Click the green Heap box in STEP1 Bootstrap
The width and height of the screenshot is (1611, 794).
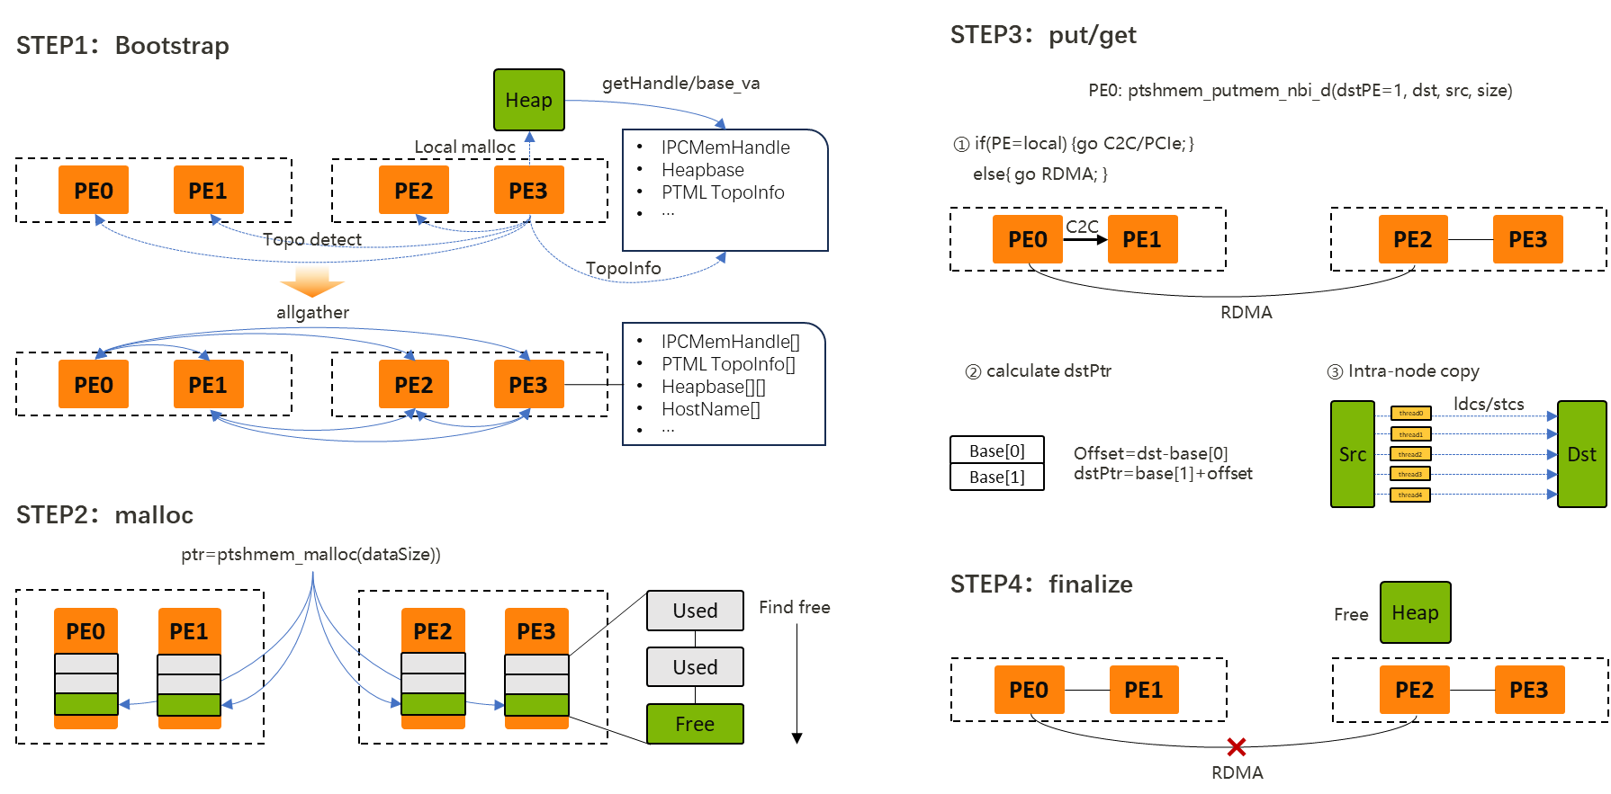529,100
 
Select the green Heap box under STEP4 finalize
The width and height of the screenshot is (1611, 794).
1415,612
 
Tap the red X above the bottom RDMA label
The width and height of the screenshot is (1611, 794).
1237,746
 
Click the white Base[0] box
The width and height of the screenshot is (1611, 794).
997,451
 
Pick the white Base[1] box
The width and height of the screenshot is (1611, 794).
997,477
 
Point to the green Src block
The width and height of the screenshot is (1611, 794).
1352,454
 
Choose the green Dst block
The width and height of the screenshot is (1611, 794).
1581,454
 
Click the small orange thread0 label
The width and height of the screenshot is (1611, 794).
1410,414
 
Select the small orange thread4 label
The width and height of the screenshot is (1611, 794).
1410,495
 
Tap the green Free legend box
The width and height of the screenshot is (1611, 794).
695,724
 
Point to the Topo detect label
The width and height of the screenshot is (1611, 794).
312,239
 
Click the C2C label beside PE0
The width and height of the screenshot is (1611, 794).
1083,227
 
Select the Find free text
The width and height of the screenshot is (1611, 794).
794,607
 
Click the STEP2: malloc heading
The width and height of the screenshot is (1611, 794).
104,514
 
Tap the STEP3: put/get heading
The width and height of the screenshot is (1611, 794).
1043,35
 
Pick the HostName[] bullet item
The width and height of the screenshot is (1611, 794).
710,409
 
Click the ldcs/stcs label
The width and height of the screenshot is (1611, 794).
1489,404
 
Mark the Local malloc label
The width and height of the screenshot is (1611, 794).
464,147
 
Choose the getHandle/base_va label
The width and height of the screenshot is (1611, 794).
680,83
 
